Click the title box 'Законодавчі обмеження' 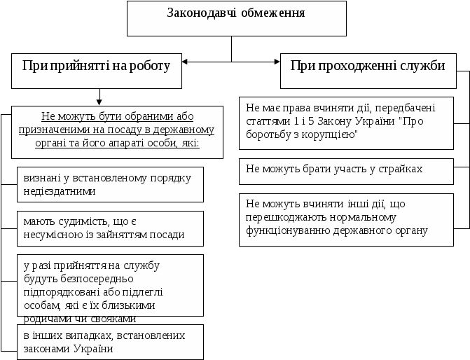tap(236, 18)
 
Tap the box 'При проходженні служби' tap(368, 67)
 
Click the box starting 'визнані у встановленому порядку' tap(110, 184)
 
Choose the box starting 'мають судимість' tap(110, 228)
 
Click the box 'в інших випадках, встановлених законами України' tap(110, 342)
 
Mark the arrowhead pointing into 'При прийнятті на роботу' tap(186, 62)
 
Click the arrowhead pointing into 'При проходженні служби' tap(276, 62)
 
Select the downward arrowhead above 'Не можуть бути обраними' tap(101, 102)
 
